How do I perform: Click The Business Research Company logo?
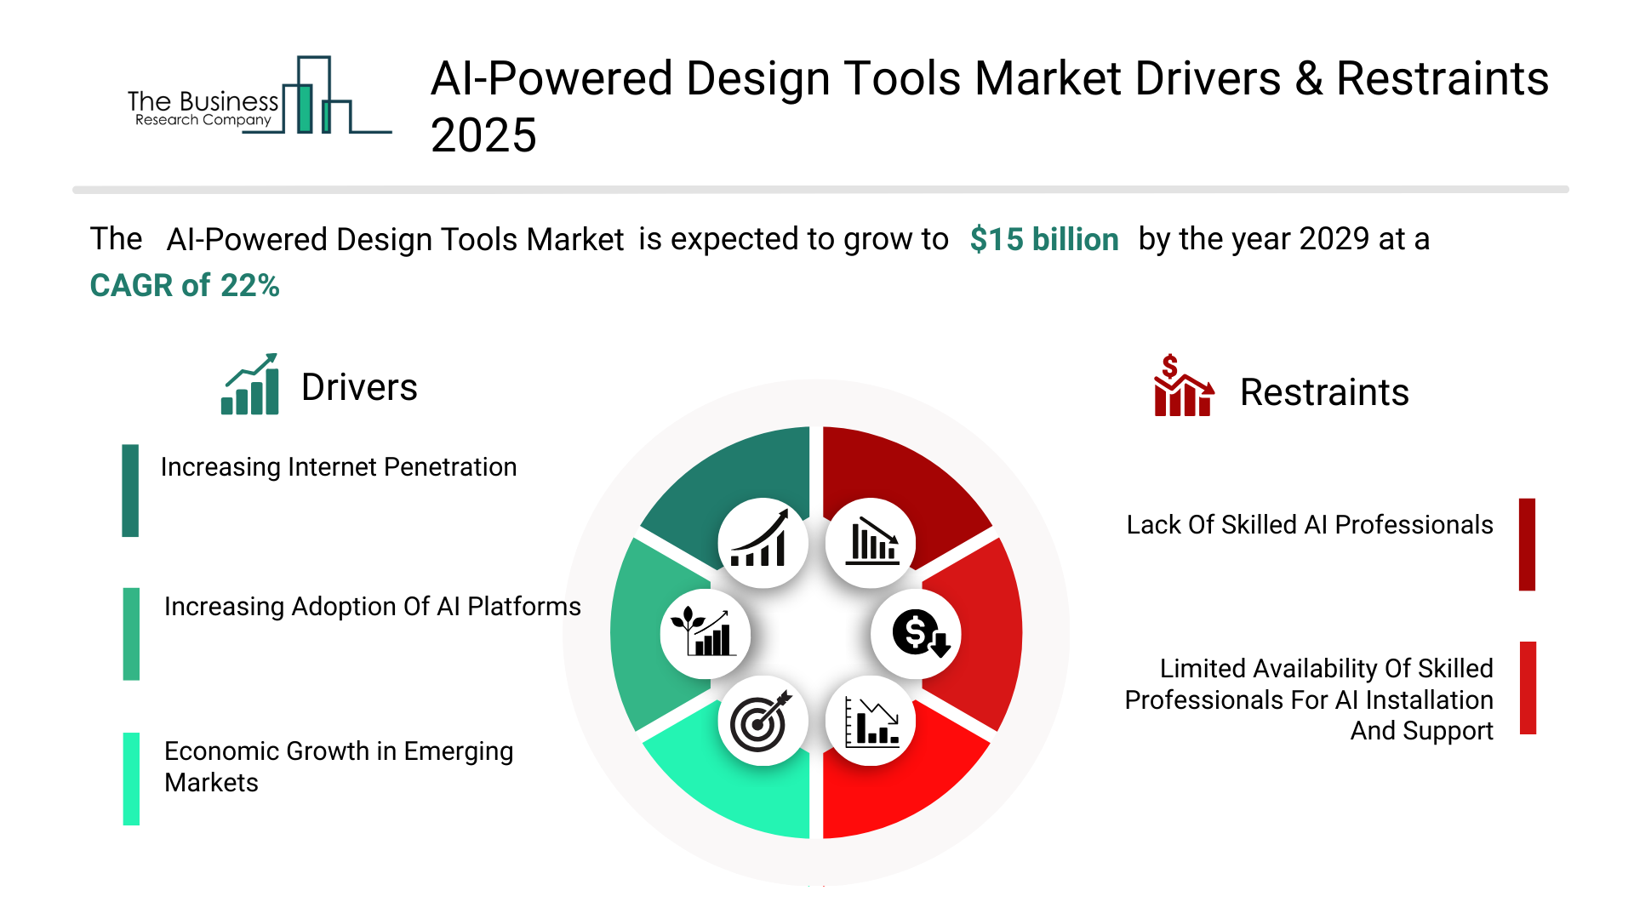point(260,95)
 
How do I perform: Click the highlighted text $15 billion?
point(1044,240)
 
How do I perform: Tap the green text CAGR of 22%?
point(185,286)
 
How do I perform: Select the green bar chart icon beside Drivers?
point(249,384)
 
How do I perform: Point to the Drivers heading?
point(359,388)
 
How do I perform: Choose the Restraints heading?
point(1324,393)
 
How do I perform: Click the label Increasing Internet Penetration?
point(339,467)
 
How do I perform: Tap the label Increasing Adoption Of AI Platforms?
point(373,607)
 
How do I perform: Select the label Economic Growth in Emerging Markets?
point(339,767)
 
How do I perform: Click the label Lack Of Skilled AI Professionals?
point(1310,525)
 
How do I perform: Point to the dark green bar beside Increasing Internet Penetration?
point(130,490)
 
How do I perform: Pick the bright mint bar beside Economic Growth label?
point(131,779)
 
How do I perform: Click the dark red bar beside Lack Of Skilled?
point(1528,545)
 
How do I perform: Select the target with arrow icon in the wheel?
point(760,722)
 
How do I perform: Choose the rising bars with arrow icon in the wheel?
point(760,539)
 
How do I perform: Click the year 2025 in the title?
point(483,136)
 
